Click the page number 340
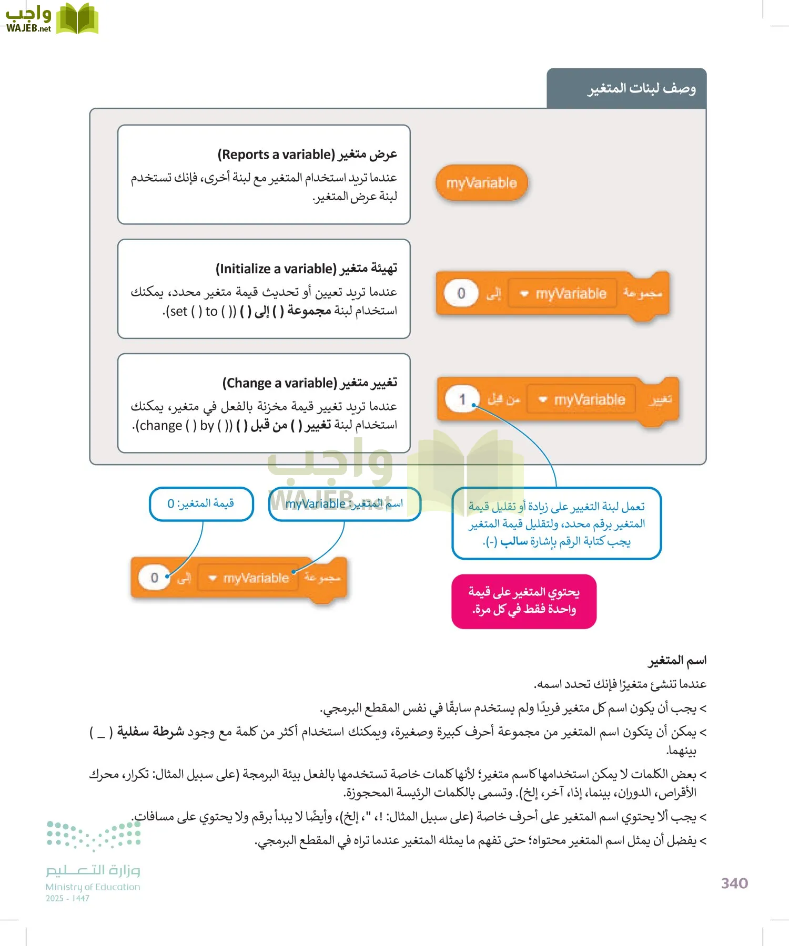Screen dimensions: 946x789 734,883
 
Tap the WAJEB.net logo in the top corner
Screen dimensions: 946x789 51,19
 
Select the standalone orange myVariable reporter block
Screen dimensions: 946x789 481,183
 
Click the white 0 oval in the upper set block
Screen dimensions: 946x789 461,293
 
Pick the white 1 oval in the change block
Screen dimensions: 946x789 462,399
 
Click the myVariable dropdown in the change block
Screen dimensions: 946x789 581,400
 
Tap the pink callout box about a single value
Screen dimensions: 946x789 524,601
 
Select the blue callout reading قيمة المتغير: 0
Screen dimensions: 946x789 201,503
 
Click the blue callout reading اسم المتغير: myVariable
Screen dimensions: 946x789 344,503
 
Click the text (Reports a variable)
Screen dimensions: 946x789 276,155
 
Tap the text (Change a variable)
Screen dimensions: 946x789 279,383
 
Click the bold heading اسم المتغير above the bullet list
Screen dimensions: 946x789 677,661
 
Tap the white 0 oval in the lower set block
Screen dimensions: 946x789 154,578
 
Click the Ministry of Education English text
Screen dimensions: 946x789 93,887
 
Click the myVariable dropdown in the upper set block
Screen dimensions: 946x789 563,293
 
